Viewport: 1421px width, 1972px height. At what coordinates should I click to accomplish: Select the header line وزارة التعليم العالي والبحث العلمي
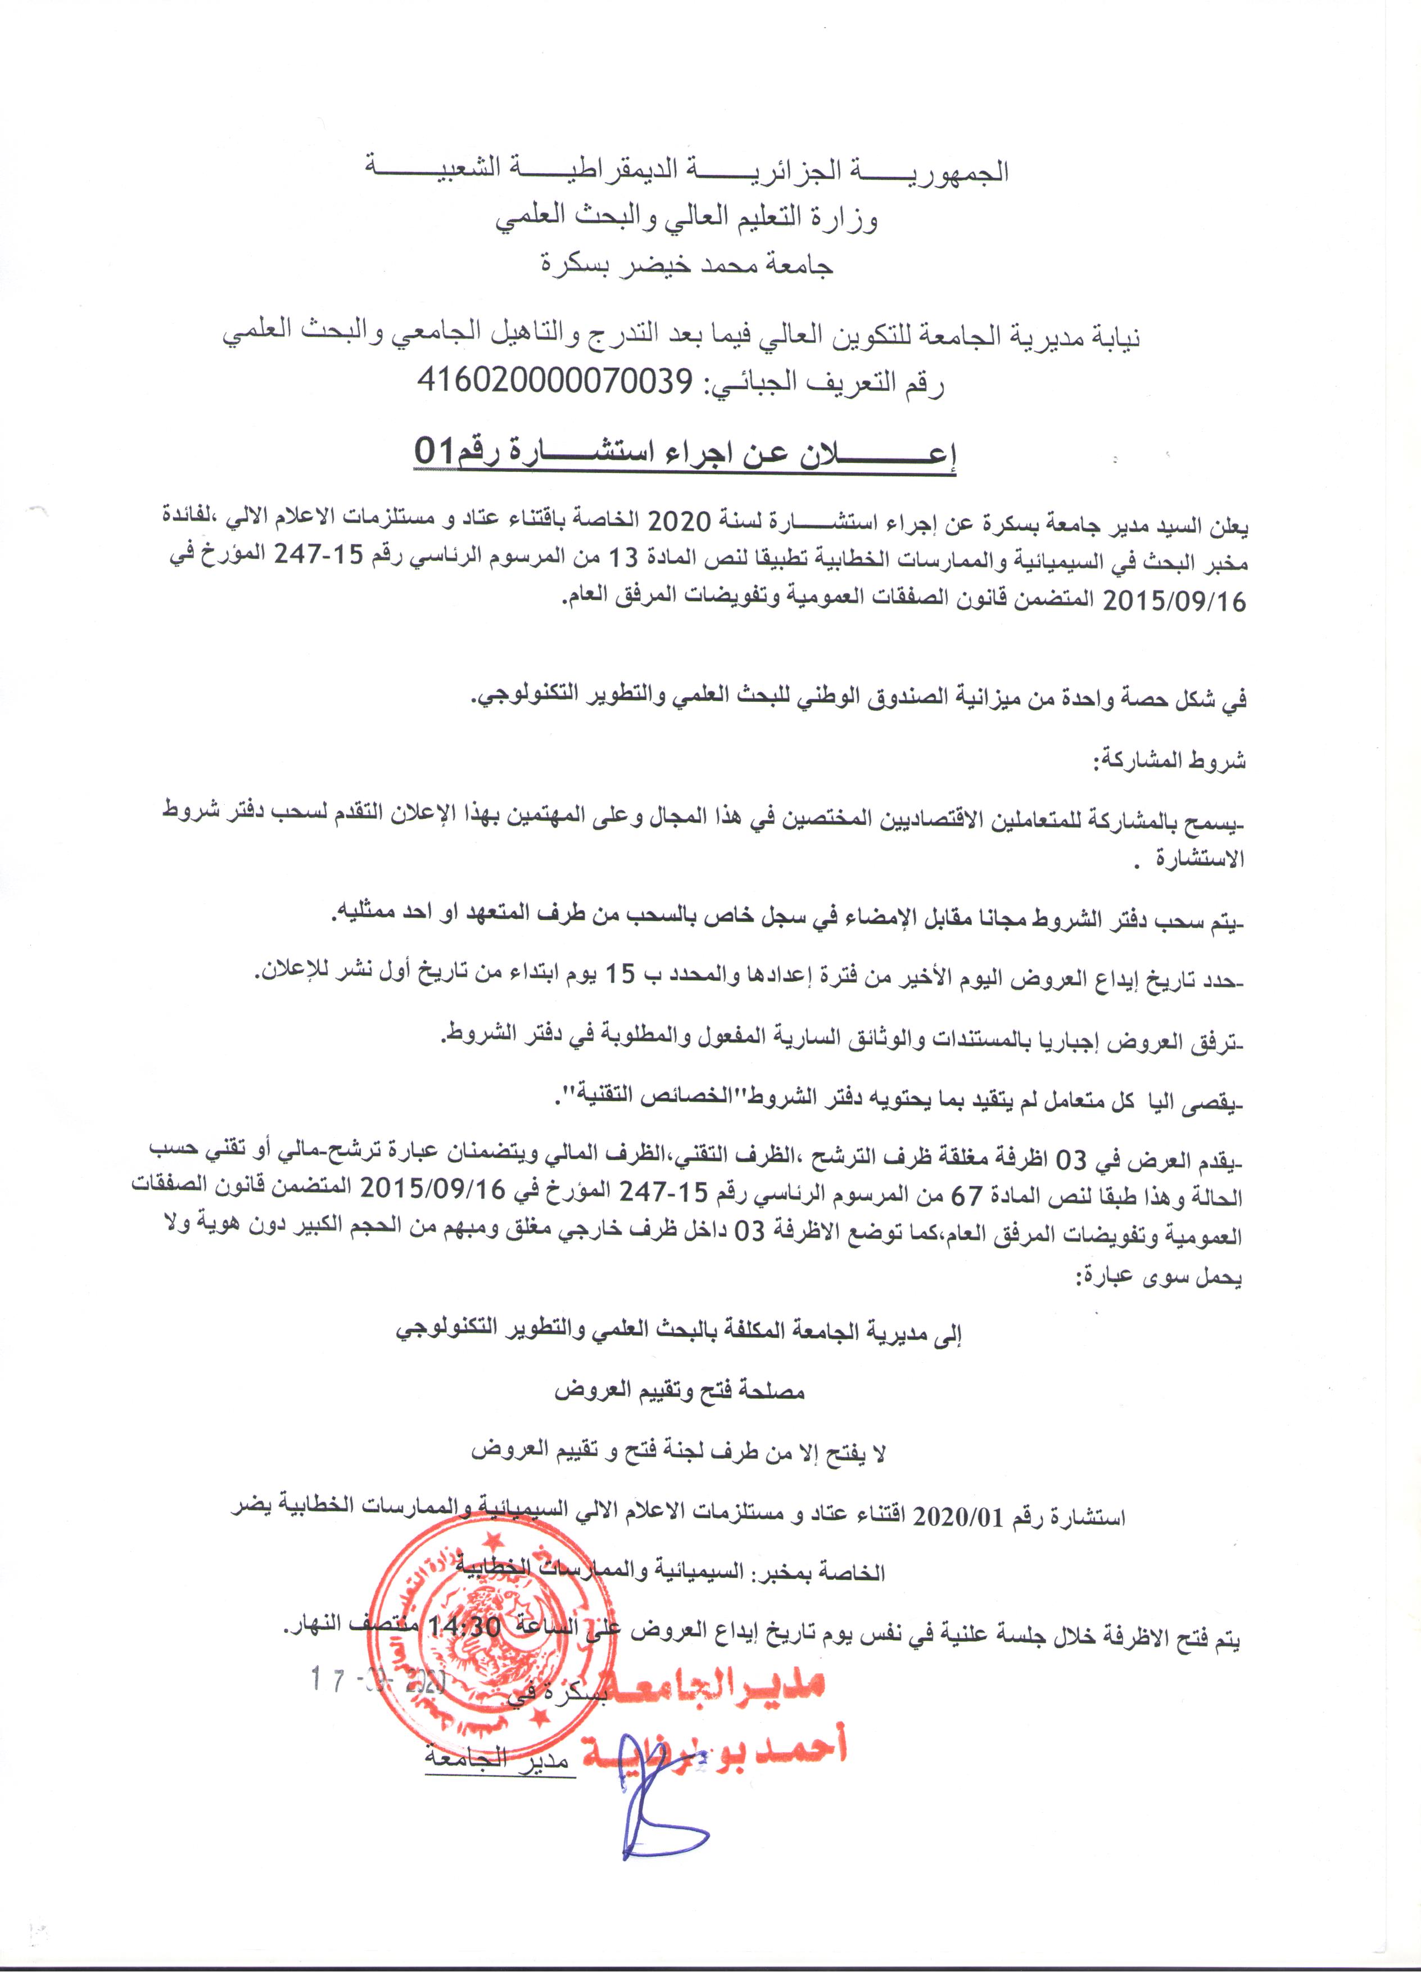coord(686,218)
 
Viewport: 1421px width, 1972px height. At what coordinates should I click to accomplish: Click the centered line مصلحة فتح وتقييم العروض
coord(681,1391)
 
